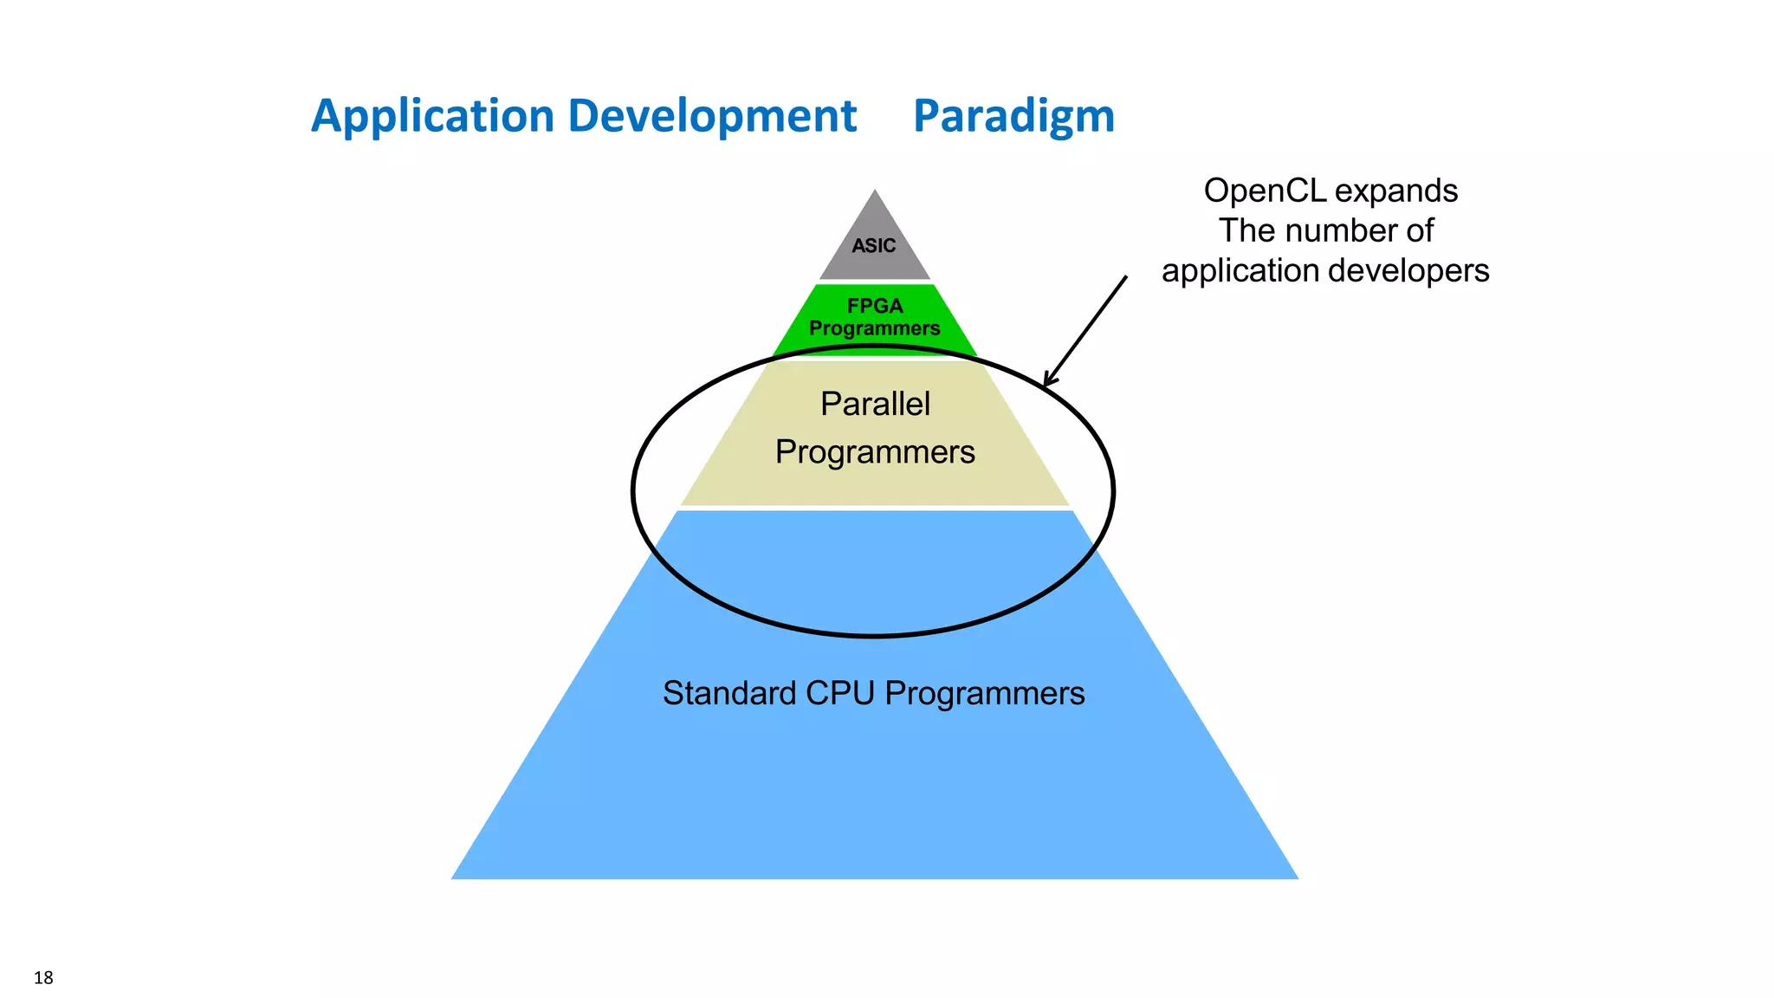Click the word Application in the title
(x=432, y=117)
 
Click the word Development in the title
(x=711, y=117)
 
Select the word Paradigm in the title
(x=1013, y=117)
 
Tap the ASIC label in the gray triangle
(x=873, y=246)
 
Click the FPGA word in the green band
(x=875, y=306)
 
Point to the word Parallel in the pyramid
(x=875, y=405)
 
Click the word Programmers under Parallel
(x=875, y=452)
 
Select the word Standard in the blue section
(x=728, y=694)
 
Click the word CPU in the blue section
(x=839, y=694)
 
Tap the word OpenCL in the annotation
(x=1265, y=191)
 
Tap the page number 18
(x=43, y=978)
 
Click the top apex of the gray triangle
(x=875, y=191)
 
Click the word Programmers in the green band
(x=875, y=329)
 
